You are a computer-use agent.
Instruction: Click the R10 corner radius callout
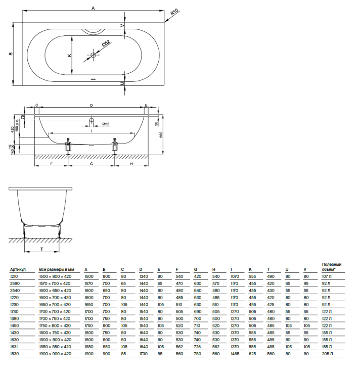click(x=174, y=12)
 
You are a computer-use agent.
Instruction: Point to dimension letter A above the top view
click(x=93, y=9)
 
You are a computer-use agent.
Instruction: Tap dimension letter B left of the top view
click(x=11, y=54)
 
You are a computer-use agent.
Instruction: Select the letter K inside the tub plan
click(x=70, y=55)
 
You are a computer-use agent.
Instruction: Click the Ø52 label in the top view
click(x=106, y=43)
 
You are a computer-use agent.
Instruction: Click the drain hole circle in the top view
click(x=93, y=55)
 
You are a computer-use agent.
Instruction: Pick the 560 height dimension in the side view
click(x=161, y=134)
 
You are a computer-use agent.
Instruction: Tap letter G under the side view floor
click(x=92, y=164)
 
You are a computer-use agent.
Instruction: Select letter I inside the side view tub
click(x=92, y=131)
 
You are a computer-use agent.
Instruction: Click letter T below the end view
click(x=41, y=249)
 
